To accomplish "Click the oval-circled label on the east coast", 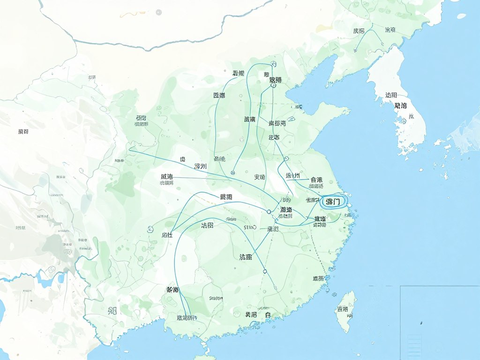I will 335,202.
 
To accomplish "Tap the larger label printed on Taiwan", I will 342,309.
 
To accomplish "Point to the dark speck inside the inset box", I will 421,322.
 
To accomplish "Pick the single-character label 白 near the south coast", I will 268,315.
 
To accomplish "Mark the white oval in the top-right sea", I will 462,16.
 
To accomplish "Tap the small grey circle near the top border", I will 159,11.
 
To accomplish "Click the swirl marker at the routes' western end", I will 150,229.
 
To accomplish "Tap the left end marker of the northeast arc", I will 357,49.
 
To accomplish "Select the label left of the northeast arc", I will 359,31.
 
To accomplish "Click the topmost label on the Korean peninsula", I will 390,95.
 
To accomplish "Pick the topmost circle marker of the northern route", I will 273,63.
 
